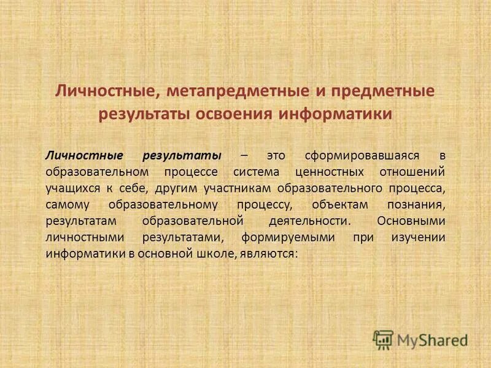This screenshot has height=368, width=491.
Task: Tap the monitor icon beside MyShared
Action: [383, 339]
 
